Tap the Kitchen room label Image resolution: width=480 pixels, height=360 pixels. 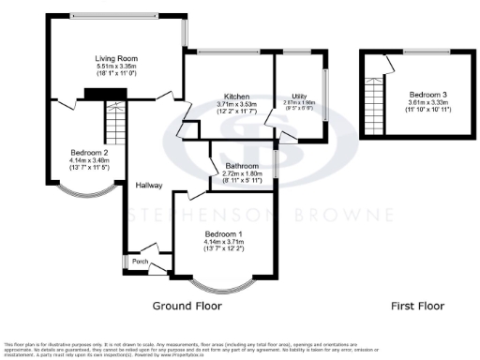pyautogui.click(x=231, y=96)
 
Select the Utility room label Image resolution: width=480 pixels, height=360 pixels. pyautogui.click(x=298, y=97)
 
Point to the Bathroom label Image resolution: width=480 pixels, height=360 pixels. pyautogui.click(x=243, y=166)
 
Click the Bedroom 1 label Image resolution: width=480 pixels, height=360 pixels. pyautogui.click(x=224, y=233)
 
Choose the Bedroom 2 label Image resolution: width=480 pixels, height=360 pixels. pyautogui.click(x=89, y=152)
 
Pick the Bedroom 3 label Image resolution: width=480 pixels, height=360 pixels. pyautogui.click(x=426, y=95)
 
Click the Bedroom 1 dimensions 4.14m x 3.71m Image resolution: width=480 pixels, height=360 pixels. pyautogui.click(x=224, y=242)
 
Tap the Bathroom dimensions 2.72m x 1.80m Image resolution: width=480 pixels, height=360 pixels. pyautogui.click(x=243, y=174)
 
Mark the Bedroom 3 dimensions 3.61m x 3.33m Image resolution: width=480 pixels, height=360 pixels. pyautogui.click(x=426, y=103)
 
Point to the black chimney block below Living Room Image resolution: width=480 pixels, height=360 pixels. pyautogui.click(x=93, y=92)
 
